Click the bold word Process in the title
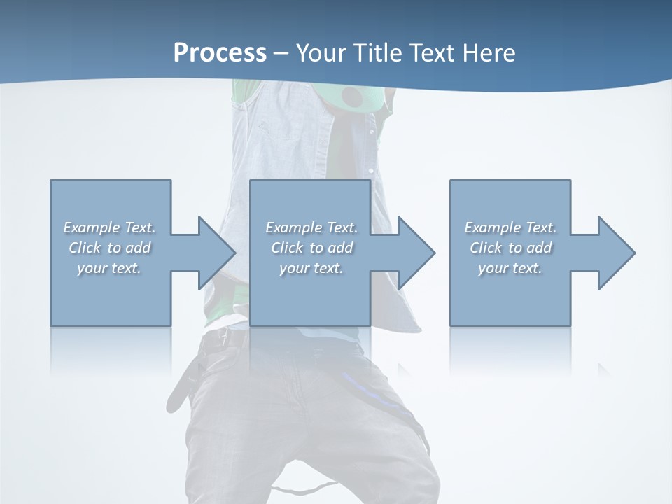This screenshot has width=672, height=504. (220, 53)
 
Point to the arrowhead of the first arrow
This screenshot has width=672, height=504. (217, 253)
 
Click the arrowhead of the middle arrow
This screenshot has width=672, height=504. (416, 253)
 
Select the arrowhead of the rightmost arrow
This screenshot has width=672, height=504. (617, 253)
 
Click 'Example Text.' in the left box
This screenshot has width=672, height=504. (109, 227)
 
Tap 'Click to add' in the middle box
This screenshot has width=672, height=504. (311, 248)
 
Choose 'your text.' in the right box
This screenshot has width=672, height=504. (510, 268)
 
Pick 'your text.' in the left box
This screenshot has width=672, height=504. (109, 268)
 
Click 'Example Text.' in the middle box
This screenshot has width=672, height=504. (311, 227)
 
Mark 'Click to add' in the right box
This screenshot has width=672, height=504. (510, 248)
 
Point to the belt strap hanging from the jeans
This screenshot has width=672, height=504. (181, 385)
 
